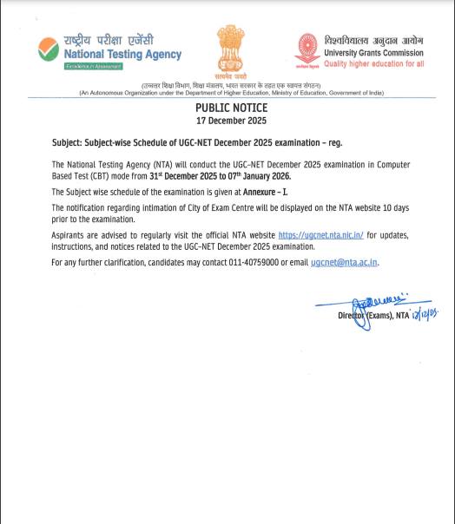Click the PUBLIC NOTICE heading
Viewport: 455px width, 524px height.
231,108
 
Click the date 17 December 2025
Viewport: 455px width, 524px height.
231,121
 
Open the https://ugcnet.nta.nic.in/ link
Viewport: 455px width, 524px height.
320,236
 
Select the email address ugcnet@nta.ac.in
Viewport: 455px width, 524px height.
345,261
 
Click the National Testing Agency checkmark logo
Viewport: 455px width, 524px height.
49,49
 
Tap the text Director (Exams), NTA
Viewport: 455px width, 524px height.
373,316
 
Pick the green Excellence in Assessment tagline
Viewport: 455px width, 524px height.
88,67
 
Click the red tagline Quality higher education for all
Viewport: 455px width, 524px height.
373,63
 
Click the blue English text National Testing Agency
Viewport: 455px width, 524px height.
122,54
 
